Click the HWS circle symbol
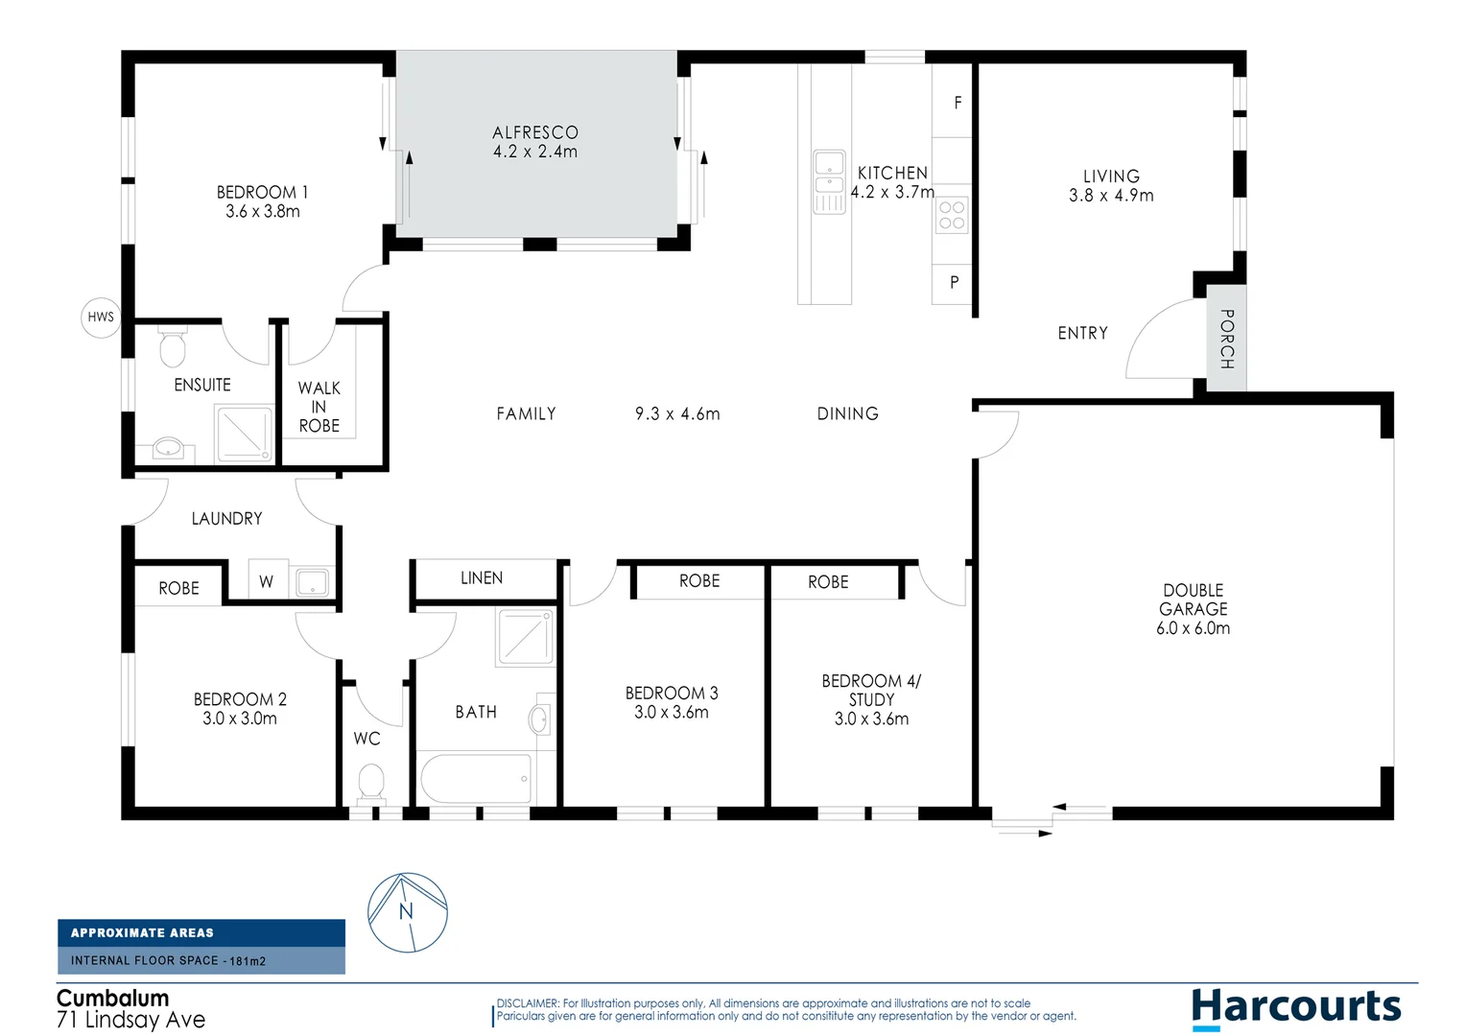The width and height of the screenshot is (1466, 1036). [x=101, y=317]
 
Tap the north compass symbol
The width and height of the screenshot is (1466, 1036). [x=408, y=912]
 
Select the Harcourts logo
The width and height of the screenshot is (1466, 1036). [x=1296, y=1008]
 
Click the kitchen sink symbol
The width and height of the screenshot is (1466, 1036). [x=829, y=181]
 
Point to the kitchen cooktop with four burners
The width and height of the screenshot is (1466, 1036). [x=952, y=216]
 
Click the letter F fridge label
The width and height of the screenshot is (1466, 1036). [x=957, y=103]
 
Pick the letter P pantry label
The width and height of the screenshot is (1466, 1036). [x=954, y=282]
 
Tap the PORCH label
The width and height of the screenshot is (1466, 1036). [x=1226, y=339]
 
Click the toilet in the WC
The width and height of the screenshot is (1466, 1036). [x=370, y=783]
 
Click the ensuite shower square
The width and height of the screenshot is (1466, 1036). [x=245, y=434]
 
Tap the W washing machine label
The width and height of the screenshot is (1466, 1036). [x=266, y=581]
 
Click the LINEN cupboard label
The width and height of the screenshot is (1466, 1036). [x=482, y=577]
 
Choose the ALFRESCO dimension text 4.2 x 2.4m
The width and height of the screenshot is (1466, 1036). [x=535, y=152]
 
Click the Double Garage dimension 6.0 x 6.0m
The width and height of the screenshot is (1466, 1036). [x=1193, y=628]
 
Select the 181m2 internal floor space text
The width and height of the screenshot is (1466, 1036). [x=248, y=960]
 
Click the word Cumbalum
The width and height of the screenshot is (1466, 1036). [x=112, y=998]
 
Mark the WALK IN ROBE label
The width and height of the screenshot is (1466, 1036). [x=319, y=407]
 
